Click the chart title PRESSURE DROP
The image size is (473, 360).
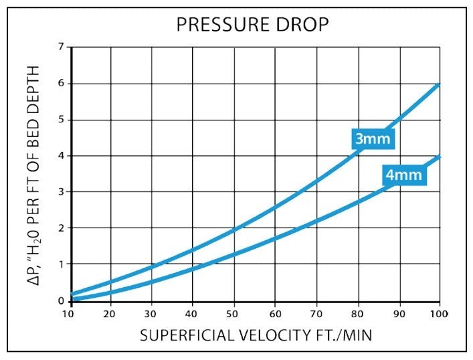click(252, 25)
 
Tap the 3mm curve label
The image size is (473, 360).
click(373, 139)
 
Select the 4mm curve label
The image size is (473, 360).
click(404, 175)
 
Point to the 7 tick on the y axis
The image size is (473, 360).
click(62, 47)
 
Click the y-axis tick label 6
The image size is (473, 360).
click(62, 83)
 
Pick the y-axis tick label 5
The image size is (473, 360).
click(62, 120)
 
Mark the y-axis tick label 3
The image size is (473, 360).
click(62, 191)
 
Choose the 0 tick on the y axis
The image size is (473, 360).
click(62, 300)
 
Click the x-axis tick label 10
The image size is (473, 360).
click(68, 314)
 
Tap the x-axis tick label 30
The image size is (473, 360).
click(150, 314)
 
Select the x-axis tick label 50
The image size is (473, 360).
click(232, 314)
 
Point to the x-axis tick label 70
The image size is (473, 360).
click(316, 314)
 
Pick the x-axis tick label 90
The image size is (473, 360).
click(399, 314)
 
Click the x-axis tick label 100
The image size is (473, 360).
click(439, 314)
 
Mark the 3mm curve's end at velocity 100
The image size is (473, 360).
click(439, 84)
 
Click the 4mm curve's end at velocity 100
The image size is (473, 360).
click(439, 157)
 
